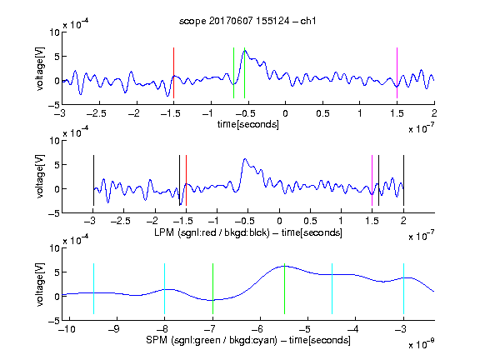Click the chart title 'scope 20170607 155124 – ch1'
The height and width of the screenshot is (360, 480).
click(x=247, y=21)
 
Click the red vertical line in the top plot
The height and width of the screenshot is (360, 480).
click(x=173, y=72)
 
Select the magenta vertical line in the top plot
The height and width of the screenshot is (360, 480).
click(x=397, y=72)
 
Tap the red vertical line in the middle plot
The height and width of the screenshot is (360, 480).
click(x=186, y=181)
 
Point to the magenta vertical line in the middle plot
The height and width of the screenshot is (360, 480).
click(x=372, y=181)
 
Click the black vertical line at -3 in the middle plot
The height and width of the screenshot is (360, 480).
click(x=93, y=181)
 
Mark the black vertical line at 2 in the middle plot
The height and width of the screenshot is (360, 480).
click(x=403, y=181)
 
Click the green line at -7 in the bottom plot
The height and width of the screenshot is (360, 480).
click(x=212, y=288)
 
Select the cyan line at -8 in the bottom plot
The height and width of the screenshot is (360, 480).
click(x=165, y=288)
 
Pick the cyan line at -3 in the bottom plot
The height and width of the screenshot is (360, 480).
click(x=403, y=288)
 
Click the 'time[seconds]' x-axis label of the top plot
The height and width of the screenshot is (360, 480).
click(x=248, y=124)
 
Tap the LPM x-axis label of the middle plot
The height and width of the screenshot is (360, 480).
click(x=248, y=232)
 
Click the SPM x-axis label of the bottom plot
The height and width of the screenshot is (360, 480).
click(x=248, y=340)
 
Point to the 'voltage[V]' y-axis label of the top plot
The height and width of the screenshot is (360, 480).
click(x=40, y=69)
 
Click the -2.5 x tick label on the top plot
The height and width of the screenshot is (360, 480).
click(x=97, y=113)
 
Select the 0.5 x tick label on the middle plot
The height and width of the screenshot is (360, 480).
click(x=310, y=221)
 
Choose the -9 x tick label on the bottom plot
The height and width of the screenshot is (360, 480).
click(x=114, y=329)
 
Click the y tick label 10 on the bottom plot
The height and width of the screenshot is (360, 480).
click(x=55, y=248)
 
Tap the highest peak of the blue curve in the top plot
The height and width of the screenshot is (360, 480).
click(x=245, y=50)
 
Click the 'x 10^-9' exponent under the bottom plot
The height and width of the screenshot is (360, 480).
click(x=421, y=344)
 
